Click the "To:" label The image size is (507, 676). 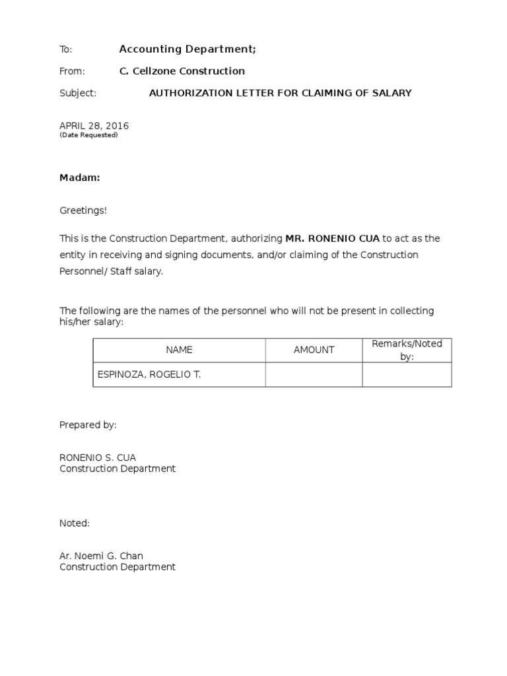[x=65, y=50]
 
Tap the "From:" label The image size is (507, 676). [x=72, y=71]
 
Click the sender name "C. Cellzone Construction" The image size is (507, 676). [x=182, y=71]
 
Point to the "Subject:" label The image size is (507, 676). [x=78, y=93]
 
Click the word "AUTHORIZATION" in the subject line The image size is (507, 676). [x=186, y=93]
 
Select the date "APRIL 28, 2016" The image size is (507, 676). [x=94, y=125]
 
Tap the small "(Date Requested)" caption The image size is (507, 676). [x=88, y=135]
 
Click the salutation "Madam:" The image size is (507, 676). [x=80, y=178]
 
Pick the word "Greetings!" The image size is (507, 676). [x=83, y=211]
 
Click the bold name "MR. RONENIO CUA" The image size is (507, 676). [x=332, y=238]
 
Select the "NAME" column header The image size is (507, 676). [x=179, y=350]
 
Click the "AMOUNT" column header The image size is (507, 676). [x=314, y=350]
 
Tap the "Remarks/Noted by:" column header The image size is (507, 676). [x=407, y=350]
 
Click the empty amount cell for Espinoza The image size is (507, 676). [x=314, y=374]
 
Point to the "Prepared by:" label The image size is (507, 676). [x=88, y=425]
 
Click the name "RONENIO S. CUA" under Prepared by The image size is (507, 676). [x=98, y=457]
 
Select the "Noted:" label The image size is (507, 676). [x=75, y=523]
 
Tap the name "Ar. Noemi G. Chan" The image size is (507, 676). [x=101, y=556]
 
